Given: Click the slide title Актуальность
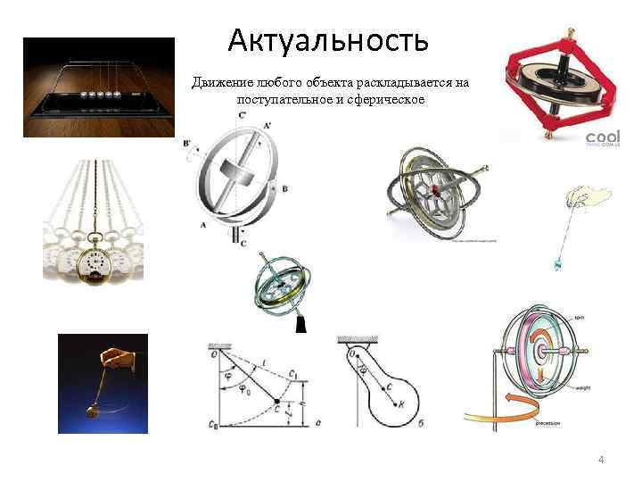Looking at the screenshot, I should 328,40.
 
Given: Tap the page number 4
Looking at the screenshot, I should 601,459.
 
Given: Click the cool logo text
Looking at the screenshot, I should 602,138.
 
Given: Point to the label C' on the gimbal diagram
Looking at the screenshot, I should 242,115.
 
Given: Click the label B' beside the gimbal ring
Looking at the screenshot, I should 186,143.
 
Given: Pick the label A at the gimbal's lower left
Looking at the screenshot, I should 204,225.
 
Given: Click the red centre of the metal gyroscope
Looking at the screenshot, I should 435,190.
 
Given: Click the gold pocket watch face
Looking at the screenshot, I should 93,263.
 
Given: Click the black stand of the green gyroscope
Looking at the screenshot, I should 300,325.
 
